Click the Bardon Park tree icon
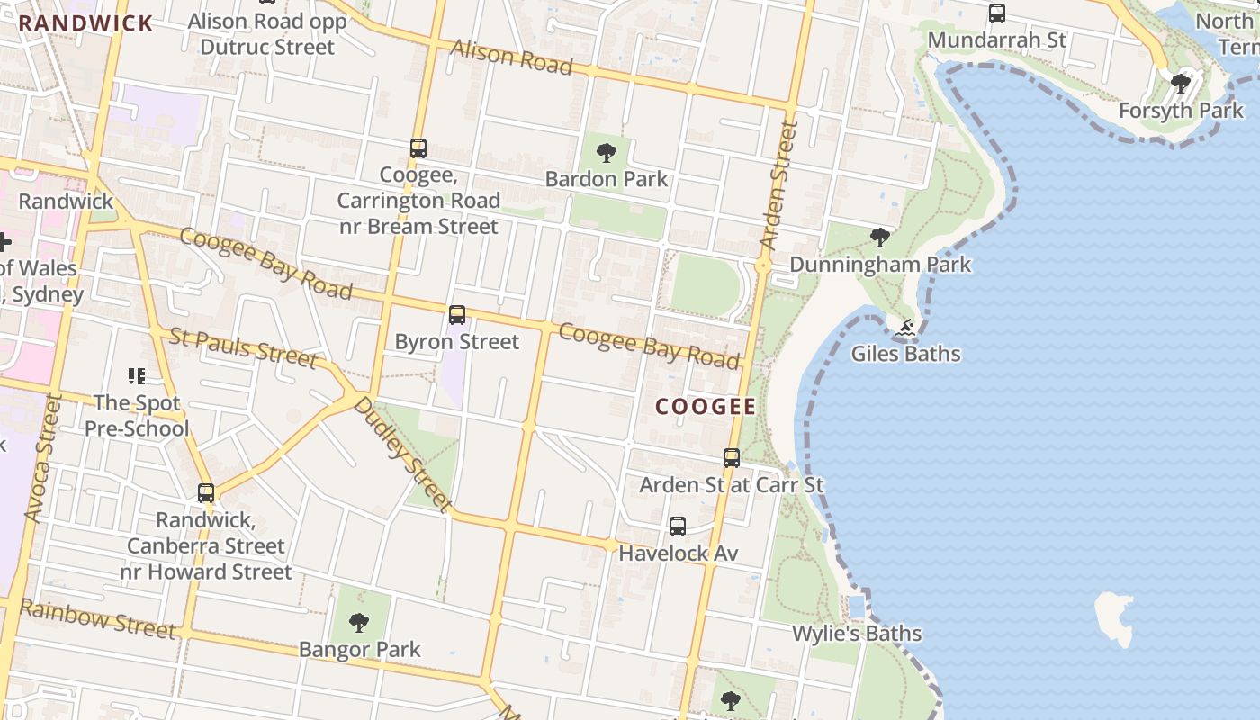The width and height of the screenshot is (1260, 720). (x=607, y=152)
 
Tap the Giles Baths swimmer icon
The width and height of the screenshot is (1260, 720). (x=905, y=328)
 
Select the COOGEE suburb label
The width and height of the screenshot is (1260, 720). (x=706, y=407)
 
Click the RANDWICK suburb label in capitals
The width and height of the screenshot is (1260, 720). (x=85, y=23)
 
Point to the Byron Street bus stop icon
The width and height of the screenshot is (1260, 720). (x=457, y=315)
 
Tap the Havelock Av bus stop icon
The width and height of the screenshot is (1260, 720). (x=678, y=526)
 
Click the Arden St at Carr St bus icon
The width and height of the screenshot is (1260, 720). (x=732, y=458)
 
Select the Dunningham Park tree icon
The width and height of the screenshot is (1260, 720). (x=880, y=238)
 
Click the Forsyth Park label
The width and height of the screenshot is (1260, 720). (x=1180, y=111)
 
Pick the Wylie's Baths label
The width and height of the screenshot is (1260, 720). (x=857, y=634)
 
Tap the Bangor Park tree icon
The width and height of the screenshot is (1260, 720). (x=359, y=622)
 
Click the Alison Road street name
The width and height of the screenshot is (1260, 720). (x=511, y=57)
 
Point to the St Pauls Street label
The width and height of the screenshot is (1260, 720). (x=243, y=348)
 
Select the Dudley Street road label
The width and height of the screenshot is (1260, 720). (x=401, y=454)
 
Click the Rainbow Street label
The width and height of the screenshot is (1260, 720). (x=97, y=618)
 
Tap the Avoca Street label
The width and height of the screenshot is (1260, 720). (x=43, y=459)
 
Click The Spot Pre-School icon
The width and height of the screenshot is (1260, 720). (x=137, y=375)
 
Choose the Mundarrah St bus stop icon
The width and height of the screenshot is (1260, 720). (x=997, y=13)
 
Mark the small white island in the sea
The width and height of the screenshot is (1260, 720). (x=1113, y=617)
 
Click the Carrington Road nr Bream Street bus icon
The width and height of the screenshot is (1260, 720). (x=418, y=148)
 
